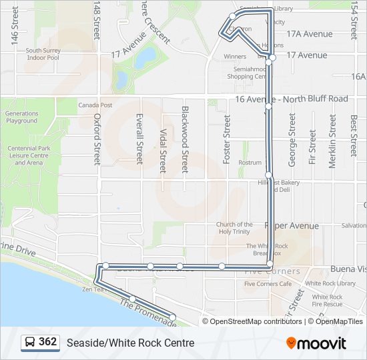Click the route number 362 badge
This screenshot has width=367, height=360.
point(39,343)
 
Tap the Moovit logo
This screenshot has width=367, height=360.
point(316,343)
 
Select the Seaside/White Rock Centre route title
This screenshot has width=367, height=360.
point(130,343)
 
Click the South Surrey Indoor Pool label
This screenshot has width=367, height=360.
point(43,54)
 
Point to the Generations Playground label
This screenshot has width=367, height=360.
point(22,117)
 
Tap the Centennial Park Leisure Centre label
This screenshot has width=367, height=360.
point(29,155)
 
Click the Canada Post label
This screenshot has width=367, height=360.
point(95,105)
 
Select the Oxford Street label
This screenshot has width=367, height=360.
point(97,139)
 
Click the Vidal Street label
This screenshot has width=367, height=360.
point(163,151)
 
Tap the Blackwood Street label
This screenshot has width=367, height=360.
point(185,139)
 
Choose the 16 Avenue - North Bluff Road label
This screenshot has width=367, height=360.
point(292,99)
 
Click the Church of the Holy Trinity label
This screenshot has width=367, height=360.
point(234,229)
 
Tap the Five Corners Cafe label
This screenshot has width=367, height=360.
point(268,284)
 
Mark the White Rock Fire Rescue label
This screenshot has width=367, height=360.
point(327,301)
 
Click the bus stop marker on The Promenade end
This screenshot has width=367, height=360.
point(172,317)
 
